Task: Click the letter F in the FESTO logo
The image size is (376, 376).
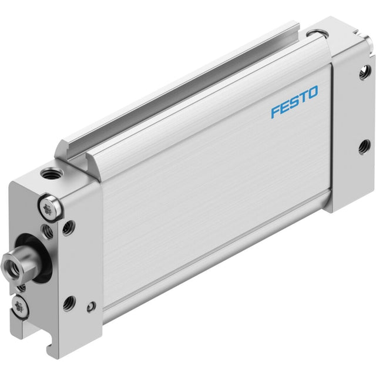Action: [275, 112]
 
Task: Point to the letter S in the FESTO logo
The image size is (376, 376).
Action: [294, 102]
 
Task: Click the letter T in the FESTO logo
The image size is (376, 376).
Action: [303, 98]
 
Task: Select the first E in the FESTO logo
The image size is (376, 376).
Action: [284, 108]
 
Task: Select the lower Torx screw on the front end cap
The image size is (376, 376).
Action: [19, 307]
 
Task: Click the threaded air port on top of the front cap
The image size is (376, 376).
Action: [51, 173]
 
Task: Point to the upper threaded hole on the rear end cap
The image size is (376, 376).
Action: [364, 72]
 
